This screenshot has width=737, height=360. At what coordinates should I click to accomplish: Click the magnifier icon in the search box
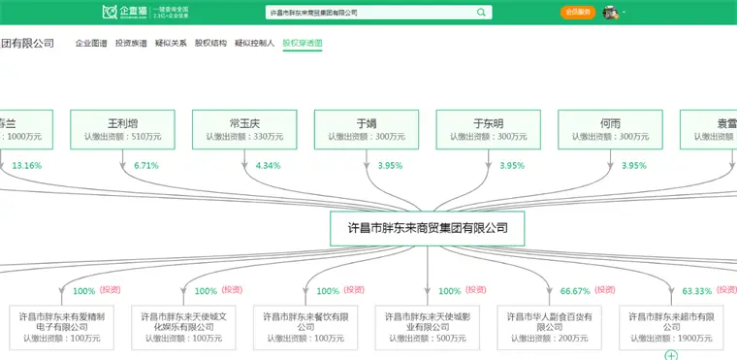coord(482,13)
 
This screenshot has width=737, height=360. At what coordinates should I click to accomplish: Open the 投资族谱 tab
coord(131,44)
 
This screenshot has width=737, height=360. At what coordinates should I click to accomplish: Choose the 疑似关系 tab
coord(171,44)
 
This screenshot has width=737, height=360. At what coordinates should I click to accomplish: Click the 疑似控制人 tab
coord(255,44)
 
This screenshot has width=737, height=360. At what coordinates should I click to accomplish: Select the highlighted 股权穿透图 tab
coord(303,44)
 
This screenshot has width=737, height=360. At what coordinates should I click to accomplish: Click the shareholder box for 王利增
coord(122,129)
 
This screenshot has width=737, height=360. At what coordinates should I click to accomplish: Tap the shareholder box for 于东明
coord(488,129)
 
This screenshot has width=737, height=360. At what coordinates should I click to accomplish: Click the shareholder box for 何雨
coord(610,129)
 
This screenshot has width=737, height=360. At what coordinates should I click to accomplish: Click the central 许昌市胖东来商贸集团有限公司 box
coord(427,229)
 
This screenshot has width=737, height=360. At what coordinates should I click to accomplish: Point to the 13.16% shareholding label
coord(27,166)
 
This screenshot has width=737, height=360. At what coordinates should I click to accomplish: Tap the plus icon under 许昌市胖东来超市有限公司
coord(670,355)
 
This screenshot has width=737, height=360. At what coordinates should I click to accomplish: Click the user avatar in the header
coord(611,13)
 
